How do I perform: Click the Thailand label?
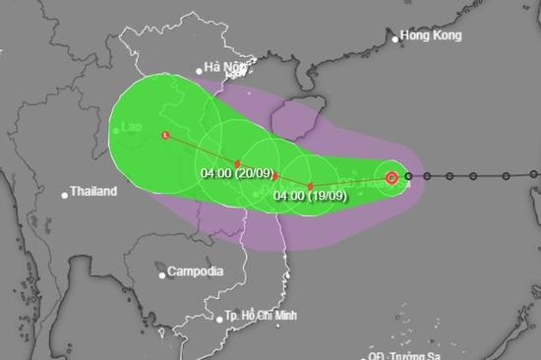click(x=93, y=192)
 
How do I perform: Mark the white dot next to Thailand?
click(x=64, y=193)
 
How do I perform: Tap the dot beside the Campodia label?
click(x=161, y=270)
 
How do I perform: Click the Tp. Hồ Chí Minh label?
click(x=263, y=318)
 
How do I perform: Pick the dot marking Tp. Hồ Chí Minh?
click(x=219, y=318)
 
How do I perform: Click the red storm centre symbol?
click(x=391, y=177)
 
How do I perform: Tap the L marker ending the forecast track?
click(x=165, y=135)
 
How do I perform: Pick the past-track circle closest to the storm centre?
click(x=409, y=177)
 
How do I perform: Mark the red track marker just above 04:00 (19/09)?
click(x=310, y=185)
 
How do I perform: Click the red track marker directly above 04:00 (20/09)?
click(x=237, y=163)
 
